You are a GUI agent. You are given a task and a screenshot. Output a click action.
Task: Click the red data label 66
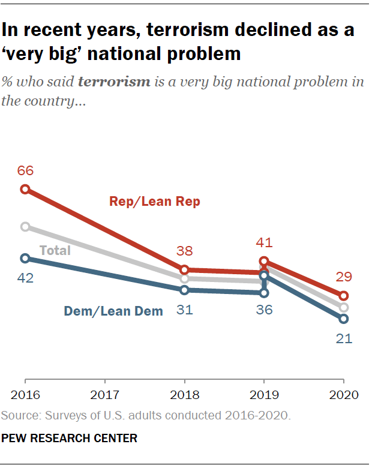(25, 170)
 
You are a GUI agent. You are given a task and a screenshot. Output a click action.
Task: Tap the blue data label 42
(25, 278)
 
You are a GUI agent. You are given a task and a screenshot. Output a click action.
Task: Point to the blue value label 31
(184, 310)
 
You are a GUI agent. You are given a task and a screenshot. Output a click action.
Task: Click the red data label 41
(264, 243)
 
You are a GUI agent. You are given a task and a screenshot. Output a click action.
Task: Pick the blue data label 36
(264, 310)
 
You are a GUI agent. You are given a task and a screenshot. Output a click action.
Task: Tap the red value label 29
(343, 277)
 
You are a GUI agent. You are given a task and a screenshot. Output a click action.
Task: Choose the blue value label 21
(343, 338)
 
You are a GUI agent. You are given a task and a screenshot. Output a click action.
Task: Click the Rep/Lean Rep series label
(155, 202)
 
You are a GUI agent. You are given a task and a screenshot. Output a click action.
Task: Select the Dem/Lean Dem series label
(113, 311)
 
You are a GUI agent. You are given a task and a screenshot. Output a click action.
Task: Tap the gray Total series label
(55, 251)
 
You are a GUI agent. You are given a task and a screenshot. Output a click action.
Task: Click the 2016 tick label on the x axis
(25, 395)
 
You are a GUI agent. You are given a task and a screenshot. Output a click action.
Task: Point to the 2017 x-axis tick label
(105, 395)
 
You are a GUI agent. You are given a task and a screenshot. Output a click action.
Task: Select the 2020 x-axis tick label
(343, 395)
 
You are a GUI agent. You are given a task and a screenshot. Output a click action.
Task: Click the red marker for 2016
(25, 190)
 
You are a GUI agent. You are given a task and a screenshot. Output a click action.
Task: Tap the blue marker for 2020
(343, 319)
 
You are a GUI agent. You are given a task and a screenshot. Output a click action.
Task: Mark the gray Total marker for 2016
(25, 226)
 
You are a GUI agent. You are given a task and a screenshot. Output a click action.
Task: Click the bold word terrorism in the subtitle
(114, 82)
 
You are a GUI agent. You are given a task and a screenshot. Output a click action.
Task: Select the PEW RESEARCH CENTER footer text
(69, 439)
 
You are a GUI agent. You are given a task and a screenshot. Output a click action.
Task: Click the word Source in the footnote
(18, 415)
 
